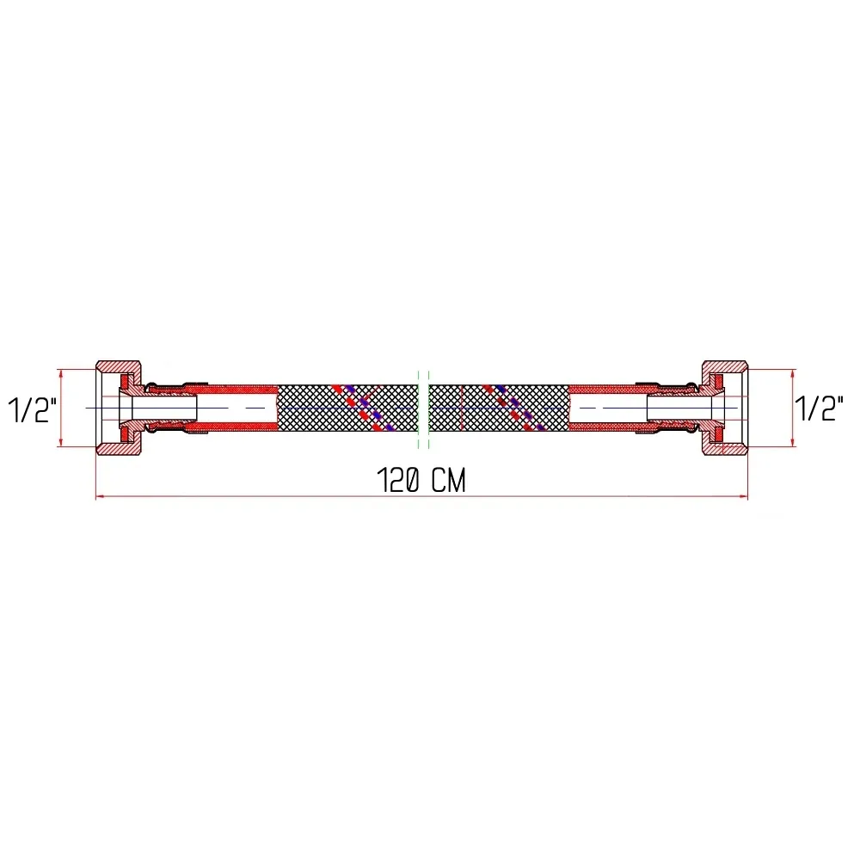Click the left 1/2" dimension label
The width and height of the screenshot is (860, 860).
pyautogui.click(x=33, y=409)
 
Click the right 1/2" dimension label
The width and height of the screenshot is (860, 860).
pyautogui.click(x=817, y=409)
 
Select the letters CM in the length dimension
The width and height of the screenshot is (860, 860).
pyautogui.click(x=447, y=482)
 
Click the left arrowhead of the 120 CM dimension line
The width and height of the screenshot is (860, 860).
pyautogui.click(x=99, y=496)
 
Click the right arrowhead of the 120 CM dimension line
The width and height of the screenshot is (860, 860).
pyautogui.click(x=744, y=496)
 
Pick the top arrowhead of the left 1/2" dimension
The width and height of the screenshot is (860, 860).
pyautogui.click(x=60, y=373)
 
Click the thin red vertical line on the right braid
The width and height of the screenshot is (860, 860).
pyautogui.click(x=462, y=408)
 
